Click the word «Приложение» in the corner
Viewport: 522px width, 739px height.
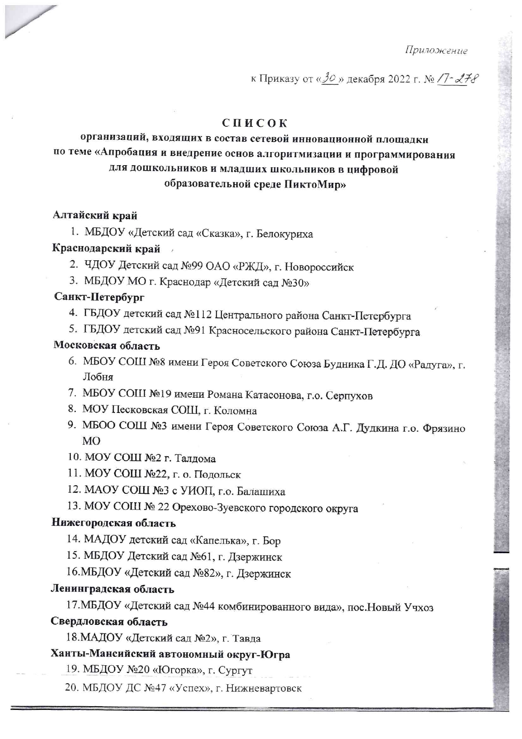tap(436, 51)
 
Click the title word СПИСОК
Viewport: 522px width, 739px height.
tap(255, 123)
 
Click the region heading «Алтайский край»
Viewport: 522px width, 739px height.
tap(95, 216)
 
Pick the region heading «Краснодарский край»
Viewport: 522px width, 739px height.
tap(106, 249)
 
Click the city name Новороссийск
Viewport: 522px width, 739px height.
tap(319, 267)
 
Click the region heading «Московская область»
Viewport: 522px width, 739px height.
tap(107, 346)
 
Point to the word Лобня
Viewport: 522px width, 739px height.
tap(98, 377)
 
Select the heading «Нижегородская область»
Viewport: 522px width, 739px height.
tap(114, 523)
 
